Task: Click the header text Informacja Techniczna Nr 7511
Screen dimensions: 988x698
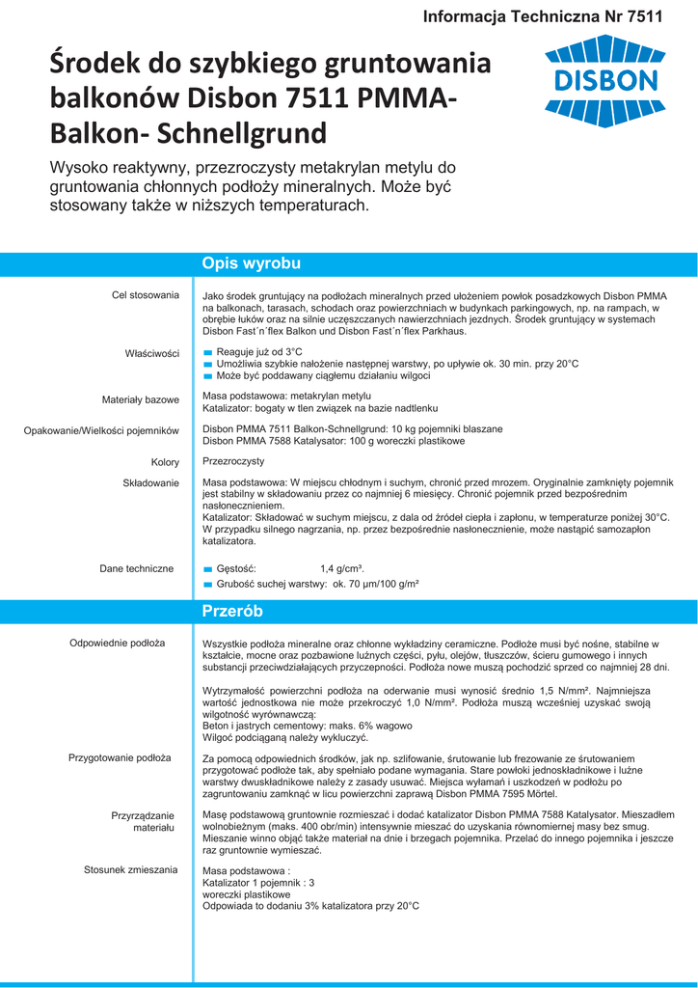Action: pos(543,16)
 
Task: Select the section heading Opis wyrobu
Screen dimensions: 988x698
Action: pos(251,263)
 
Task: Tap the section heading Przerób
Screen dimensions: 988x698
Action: pos(232,612)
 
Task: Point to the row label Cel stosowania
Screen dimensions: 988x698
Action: pos(146,294)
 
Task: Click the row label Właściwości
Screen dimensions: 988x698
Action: pos(152,353)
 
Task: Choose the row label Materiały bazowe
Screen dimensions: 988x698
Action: pos(141,399)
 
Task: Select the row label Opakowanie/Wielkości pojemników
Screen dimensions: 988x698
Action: pos(101,430)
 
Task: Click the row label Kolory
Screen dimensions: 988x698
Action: pos(165,462)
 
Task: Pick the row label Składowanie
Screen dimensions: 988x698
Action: pos(151,482)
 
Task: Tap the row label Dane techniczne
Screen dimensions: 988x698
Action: pos(137,568)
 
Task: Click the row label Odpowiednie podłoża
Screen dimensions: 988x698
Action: pos(117,643)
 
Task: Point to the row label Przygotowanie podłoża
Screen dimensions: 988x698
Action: pos(120,757)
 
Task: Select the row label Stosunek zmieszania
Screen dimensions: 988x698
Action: pos(130,869)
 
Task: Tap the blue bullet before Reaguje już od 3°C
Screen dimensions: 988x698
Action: pos(207,352)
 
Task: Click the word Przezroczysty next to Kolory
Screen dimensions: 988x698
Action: pos(233,461)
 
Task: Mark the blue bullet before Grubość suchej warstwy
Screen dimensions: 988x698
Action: pos(207,585)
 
